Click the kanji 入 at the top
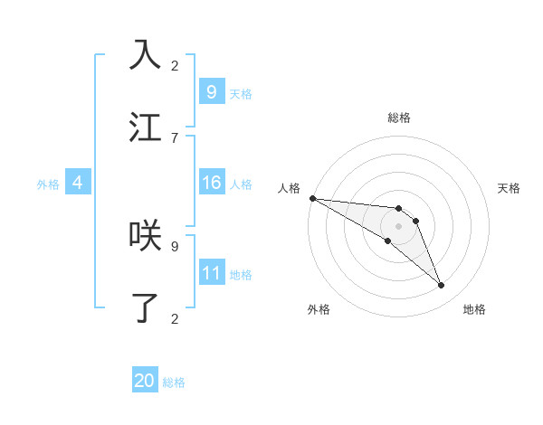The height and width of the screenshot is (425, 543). (145, 55)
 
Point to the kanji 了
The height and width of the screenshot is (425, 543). (145, 307)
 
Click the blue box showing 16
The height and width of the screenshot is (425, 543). (211, 183)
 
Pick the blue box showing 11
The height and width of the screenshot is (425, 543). (211, 273)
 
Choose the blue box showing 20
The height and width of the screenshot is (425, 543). (145, 381)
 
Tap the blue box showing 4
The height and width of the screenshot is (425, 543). (78, 183)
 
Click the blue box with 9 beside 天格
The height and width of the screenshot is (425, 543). (211, 91)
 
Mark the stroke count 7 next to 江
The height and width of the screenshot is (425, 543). (175, 137)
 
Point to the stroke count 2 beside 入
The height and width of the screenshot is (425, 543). (175, 65)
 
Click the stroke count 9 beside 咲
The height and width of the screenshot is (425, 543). (175, 245)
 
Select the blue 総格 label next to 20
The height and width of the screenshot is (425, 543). (174, 382)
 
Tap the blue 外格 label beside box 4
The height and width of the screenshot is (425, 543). (48, 184)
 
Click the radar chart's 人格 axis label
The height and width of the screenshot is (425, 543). (289, 187)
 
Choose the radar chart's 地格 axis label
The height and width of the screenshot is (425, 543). (474, 309)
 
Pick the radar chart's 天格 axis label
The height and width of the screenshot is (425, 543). (509, 188)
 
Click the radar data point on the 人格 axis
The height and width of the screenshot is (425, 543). (312, 198)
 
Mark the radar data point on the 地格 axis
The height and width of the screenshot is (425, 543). (441, 286)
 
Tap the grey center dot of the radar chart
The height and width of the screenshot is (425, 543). (398, 226)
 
